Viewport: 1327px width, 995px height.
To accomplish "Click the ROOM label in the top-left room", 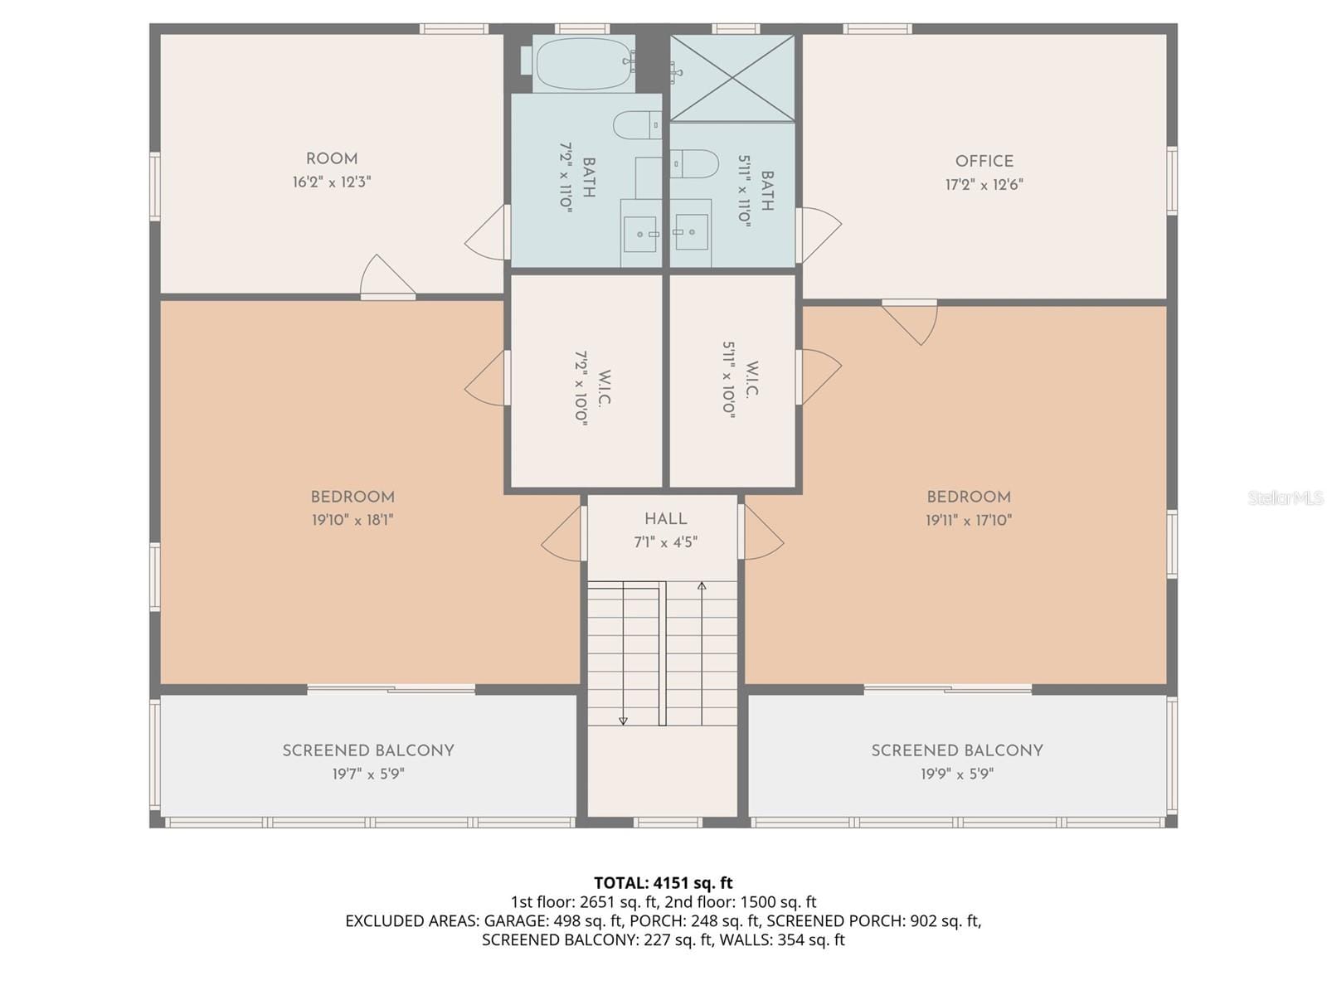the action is (x=331, y=159).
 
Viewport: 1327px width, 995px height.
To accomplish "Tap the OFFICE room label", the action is (x=984, y=162).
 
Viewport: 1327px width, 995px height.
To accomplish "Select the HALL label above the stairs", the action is (x=665, y=518).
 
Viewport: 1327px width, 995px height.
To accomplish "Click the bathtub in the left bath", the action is (x=583, y=63).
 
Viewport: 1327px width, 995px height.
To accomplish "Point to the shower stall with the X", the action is (x=732, y=78).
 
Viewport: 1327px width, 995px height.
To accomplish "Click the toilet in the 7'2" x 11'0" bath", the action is (x=637, y=125).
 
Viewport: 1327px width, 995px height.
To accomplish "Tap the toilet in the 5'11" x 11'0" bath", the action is (x=694, y=163).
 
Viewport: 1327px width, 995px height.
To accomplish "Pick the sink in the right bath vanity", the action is (x=692, y=232).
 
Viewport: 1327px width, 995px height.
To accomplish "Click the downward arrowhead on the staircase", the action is (x=623, y=720).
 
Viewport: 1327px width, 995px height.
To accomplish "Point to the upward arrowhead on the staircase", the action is (x=702, y=585).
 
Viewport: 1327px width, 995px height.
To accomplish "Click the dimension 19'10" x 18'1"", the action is (x=352, y=520).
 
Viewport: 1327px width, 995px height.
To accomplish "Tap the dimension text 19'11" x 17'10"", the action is (x=969, y=520).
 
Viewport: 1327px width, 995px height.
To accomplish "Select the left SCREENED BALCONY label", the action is (x=368, y=750).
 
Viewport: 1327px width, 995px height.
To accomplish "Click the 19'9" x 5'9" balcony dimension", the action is (x=956, y=774).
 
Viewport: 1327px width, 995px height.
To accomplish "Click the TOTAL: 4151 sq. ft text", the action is (x=663, y=882).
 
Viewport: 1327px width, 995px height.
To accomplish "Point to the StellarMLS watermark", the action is (x=1286, y=498).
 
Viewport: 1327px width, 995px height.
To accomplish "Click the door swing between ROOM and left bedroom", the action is (x=387, y=277).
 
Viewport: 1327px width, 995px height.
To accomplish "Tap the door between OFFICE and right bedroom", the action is (x=910, y=323).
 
